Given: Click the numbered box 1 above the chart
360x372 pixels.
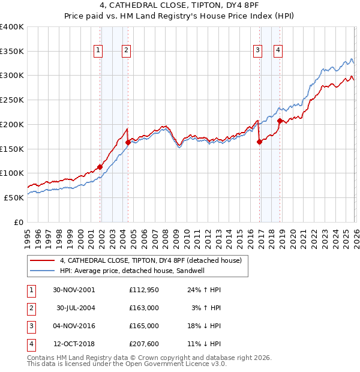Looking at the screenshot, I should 98,51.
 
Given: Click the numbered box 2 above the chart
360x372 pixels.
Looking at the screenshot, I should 127,51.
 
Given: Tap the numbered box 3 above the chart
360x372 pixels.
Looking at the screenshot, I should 257,51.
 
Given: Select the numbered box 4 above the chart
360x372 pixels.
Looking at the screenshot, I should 278,51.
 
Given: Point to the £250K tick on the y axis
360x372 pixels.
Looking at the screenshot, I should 12,100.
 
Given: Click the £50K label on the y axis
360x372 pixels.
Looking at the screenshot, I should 14,197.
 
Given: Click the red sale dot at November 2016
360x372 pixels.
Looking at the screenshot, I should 259,142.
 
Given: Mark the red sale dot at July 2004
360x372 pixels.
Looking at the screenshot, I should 128,143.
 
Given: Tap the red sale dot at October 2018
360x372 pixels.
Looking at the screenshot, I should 280,121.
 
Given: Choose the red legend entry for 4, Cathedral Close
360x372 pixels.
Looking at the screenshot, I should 150,260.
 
